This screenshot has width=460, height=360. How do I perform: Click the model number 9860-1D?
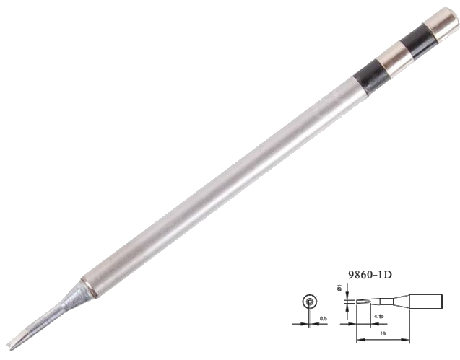coord(370,275)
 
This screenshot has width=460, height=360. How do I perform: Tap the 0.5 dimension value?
coord(324,318)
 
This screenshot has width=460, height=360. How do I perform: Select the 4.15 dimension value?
coord(379,316)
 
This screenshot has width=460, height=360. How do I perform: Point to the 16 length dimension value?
coord(383,333)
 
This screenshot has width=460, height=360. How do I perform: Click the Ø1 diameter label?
coord(339,287)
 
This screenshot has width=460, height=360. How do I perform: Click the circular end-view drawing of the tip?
coord(310,301)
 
